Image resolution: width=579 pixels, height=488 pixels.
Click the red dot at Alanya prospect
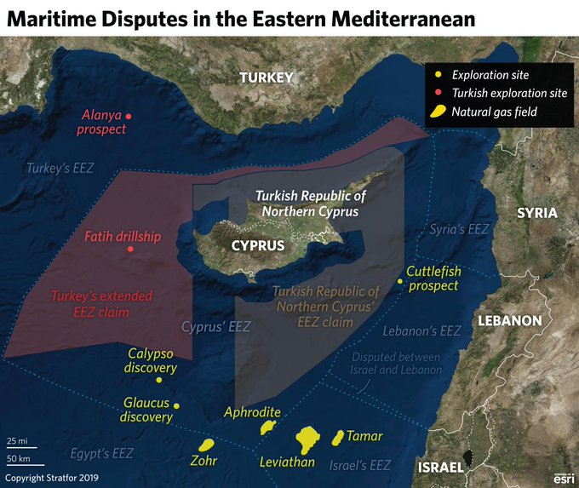coord(129,115)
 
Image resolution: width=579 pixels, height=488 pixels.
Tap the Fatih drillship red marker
coord(129,250)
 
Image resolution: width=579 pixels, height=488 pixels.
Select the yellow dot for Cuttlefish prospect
coord(400,281)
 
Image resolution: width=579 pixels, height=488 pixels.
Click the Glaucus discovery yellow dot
coord(176,406)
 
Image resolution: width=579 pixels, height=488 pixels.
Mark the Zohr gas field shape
coord(205,445)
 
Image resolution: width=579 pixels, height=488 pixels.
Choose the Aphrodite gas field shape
coord(269,426)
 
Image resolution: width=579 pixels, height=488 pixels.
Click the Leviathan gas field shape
coord(307,439)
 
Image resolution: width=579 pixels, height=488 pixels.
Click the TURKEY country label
coord(266,78)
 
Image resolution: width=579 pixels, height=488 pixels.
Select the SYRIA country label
coord(536,213)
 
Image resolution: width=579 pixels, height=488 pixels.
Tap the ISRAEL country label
coord(440,468)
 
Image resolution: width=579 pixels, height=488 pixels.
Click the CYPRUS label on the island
coord(257,245)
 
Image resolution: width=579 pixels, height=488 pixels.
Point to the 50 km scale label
coord(19,460)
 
